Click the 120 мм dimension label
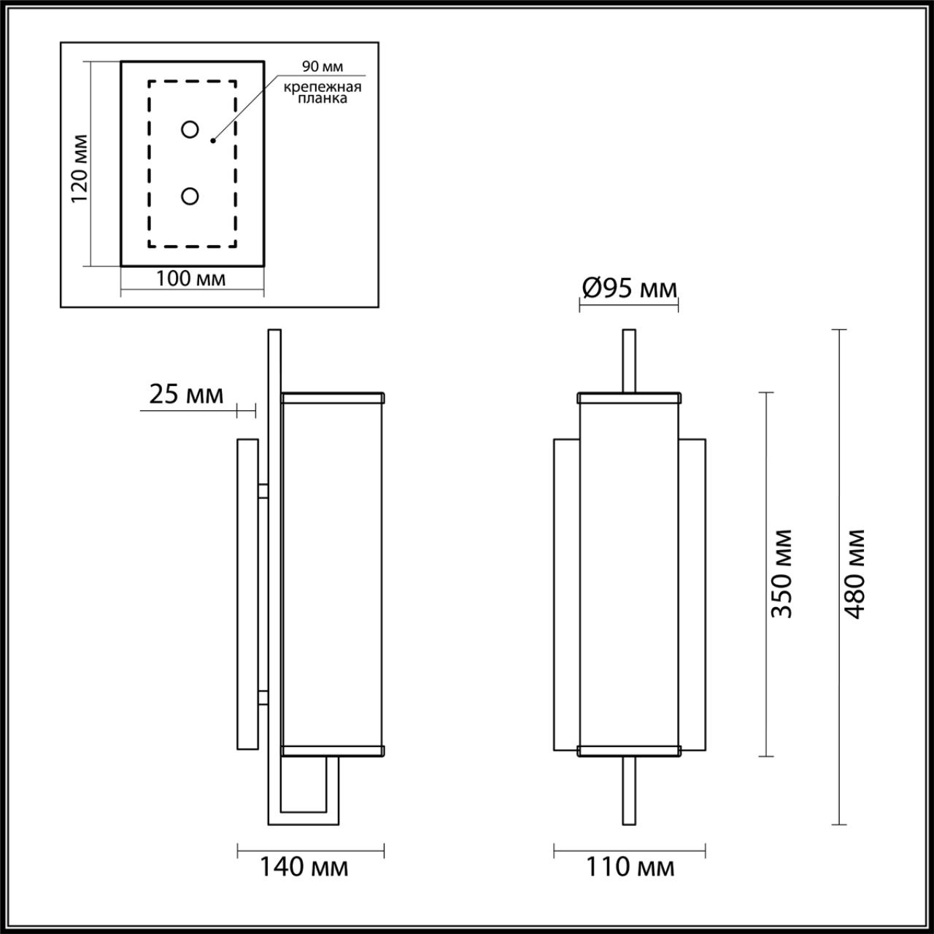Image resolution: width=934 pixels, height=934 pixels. pos(80,168)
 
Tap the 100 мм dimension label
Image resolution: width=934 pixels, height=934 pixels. pos(191,278)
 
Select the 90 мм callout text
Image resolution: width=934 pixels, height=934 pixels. pos(323,67)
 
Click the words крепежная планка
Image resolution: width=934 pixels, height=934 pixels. pos(323,93)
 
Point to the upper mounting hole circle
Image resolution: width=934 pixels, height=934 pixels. pos(190,130)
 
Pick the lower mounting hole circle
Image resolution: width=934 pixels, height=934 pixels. pos(190,196)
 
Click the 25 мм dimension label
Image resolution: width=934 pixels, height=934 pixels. pos(186,394)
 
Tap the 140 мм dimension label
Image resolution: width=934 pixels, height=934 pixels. pos(304,867)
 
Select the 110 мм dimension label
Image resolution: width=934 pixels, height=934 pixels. pos(630,867)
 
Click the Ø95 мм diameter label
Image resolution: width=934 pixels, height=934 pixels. pos(629,289)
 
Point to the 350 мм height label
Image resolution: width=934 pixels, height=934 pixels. pos(782,573)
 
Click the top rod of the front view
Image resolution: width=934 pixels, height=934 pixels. pos(628,361)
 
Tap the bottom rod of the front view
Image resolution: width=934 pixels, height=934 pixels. pos(628,792)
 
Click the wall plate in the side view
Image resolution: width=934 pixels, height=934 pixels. pos(247,594)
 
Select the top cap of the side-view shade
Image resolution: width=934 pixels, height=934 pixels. pos(333,398)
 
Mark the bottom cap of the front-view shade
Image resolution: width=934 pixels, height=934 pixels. pos(628,751)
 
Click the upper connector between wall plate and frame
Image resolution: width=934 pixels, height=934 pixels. pos(263,490)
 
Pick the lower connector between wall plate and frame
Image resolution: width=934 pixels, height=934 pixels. pos(263,697)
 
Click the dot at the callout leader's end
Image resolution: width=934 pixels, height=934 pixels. pos(212,139)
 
